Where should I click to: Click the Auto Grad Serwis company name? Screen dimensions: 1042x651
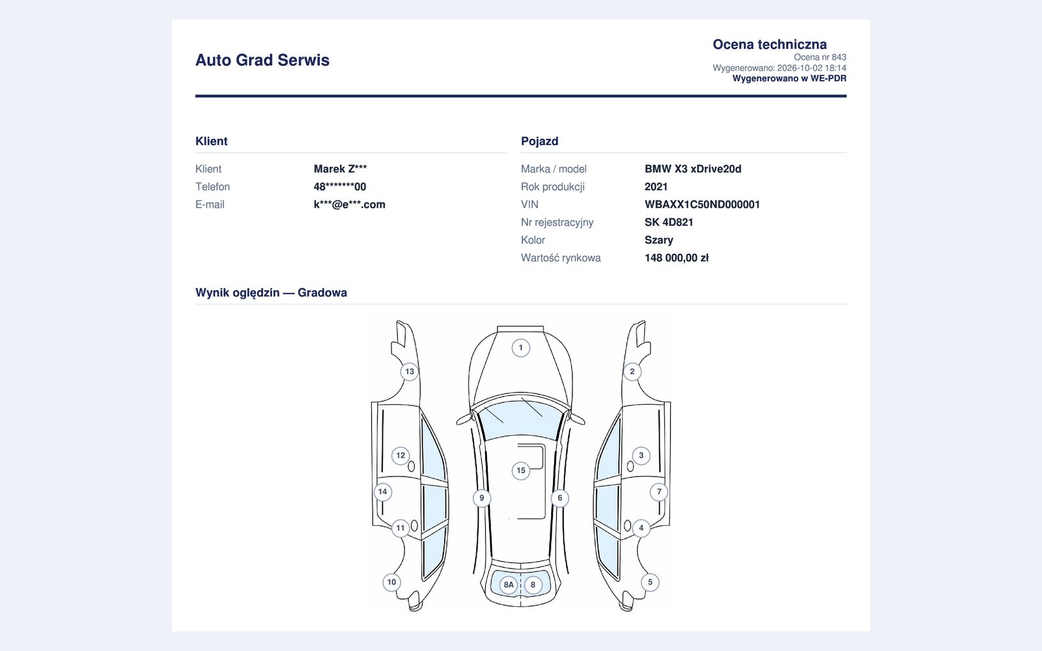(x=262, y=60)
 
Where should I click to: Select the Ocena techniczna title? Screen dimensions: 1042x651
(x=770, y=44)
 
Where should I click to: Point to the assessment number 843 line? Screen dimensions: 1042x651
(x=820, y=57)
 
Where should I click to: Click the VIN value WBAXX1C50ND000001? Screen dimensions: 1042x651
(x=702, y=204)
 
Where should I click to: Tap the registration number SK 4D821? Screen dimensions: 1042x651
(x=669, y=222)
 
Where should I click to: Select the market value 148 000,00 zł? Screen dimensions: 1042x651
(x=677, y=258)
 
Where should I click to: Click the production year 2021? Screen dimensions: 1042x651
(x=656, y=187)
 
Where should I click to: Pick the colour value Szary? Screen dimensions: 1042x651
(x=658, y=240)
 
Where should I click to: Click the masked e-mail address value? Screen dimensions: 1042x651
(x=349, y=204)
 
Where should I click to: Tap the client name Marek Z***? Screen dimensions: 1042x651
(x=340, y=169)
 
